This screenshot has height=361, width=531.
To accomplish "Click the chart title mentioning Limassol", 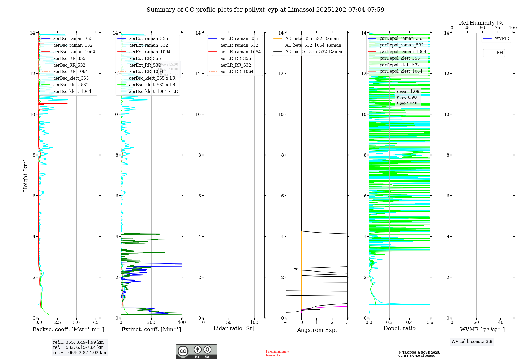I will click(x=265, y=10).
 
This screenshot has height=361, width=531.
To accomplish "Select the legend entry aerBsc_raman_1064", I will click(x=74, y=52).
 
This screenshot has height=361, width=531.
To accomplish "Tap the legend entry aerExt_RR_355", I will click(x=145, y=58).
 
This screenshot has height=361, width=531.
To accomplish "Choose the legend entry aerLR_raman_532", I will click(x=239, y=45).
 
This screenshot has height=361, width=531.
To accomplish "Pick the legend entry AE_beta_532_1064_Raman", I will click(x=313, y=45).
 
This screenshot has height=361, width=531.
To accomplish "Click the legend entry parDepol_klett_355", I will click(x=400, y=58).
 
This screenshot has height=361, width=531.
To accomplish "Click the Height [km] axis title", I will click(x=25, y=175).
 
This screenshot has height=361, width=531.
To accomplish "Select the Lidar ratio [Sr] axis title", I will click(x=234, y=328).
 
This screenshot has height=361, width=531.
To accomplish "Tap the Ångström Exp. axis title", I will click(x=317, y=330).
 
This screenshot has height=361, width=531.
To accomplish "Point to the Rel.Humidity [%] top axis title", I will click(x=482, y=23).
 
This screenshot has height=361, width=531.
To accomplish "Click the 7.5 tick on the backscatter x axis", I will click(x=95, y=322).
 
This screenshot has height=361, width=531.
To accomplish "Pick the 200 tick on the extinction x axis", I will click(x=151, y=322).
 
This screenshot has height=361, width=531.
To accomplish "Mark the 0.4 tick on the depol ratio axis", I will click(x=410, y=322).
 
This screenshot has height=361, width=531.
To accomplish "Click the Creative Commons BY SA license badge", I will click(x=196, y=352).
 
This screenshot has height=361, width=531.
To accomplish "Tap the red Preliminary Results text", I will click(x=277, y=353).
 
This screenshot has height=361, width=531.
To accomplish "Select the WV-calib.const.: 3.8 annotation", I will click(x=472, y=342).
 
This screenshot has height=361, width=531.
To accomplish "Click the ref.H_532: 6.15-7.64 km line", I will click(x=78, y=347).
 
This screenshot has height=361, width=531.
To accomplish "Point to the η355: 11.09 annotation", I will click(x=408, y=92).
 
